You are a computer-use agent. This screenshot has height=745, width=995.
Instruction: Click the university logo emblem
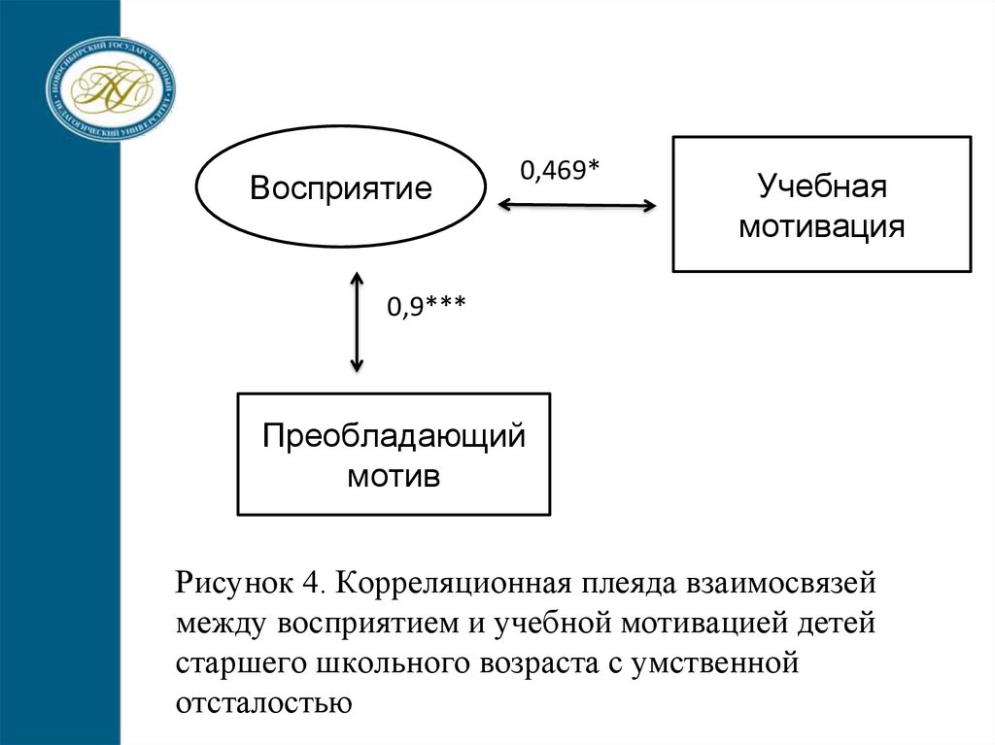pos(112,86)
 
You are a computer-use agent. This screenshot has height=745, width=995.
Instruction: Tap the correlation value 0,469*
pos(560,171)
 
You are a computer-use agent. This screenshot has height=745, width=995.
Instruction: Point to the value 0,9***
pos(427,308)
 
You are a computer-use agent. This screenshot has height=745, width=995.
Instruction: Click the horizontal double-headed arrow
pos(576,205)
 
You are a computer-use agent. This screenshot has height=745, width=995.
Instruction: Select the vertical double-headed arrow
pos(357,322)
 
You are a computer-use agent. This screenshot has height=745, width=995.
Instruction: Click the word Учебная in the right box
pos(821,186)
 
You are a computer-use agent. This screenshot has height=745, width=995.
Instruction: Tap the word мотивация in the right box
pos(821,227)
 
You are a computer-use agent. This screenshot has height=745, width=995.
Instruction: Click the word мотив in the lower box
pos(394,476)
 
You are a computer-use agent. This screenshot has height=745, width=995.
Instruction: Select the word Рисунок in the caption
pos(232,584)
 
